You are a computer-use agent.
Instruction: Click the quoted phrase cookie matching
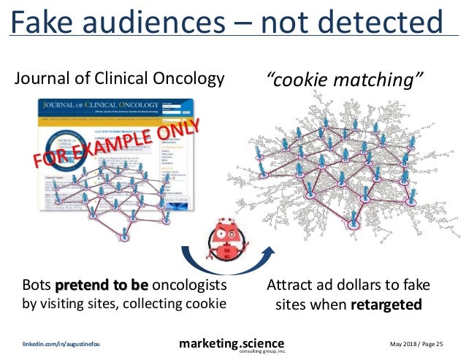coord(344,78)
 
